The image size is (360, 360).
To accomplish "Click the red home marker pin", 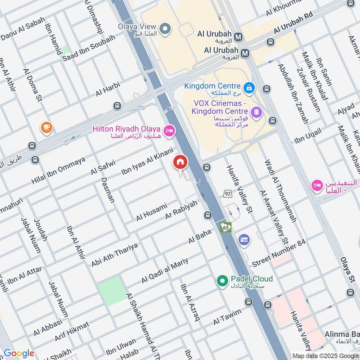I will (x=180, y=162).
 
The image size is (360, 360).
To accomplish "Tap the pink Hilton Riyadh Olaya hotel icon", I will (x=170, y=130).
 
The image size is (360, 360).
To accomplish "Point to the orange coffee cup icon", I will (x=46, y=128).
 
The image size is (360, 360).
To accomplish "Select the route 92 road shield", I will (x=228, y=193).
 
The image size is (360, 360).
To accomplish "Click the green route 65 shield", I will (x=225, y=227).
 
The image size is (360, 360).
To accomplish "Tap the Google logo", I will (x=19, y=353).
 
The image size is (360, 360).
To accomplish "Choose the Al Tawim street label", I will (x=228, y=317).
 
